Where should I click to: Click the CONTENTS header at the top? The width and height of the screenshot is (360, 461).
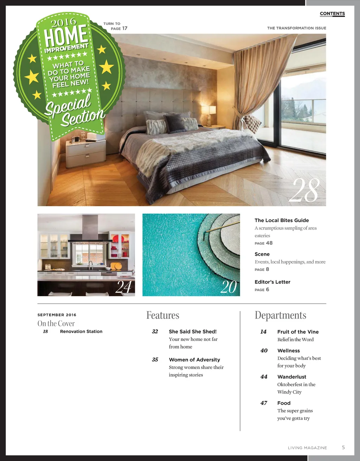[x=332, y=14]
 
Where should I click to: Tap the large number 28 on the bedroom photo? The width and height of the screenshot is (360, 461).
[x=304, y=190]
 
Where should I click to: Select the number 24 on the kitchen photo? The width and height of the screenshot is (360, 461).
[x=123, y=287]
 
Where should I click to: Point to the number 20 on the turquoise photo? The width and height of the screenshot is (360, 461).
[x=229, y=287]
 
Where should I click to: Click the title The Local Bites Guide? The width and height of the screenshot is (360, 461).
[x=282, y=220]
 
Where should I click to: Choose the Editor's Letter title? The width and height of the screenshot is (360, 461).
[x=272, y=282]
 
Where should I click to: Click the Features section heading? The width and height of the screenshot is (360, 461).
[x=163, y=315]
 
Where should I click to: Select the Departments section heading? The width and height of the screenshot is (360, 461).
[x=280, y=315]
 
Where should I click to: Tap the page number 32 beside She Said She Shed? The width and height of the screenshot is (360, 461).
[x=155, y=331]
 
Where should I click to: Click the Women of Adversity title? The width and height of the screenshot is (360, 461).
[x=194, y=359]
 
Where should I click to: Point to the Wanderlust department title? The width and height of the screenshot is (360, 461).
[x=291, y=377]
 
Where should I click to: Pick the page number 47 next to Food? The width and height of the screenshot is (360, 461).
[x=264, y=403]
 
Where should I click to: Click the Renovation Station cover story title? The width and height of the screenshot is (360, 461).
[x=81, y=331]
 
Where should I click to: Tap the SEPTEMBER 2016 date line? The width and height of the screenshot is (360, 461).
[x=57, y=315]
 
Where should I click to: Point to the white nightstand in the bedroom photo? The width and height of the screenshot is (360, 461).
[x=86, y=152]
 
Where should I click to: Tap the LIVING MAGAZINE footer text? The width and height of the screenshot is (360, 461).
[x=307, y=448]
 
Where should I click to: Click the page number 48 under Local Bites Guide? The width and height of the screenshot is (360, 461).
[x=269, y=243]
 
